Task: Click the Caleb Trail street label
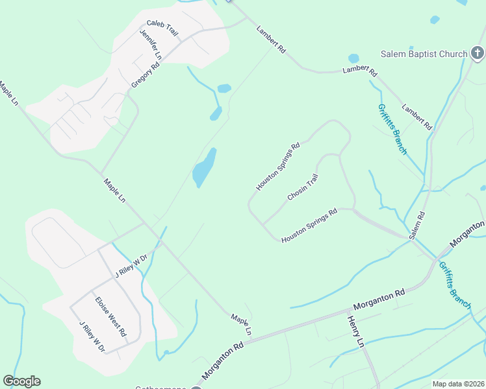tap(162, 28)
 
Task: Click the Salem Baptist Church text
tap(424, 54)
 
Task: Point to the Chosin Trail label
tap(303, 187)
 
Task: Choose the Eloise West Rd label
tap(110, 316)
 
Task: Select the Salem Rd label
tap(416, 225)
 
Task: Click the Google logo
tap(21, 381)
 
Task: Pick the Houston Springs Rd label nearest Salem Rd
tap(309, 226)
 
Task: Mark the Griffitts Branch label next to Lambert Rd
tap(392, 129)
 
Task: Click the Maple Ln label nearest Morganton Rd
tap(241, 325)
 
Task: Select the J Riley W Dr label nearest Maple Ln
tap(132, 265)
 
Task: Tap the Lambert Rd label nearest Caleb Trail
tap(271, 40)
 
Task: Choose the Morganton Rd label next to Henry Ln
tap(379, 299)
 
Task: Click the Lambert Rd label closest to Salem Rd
tap(416, 117)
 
